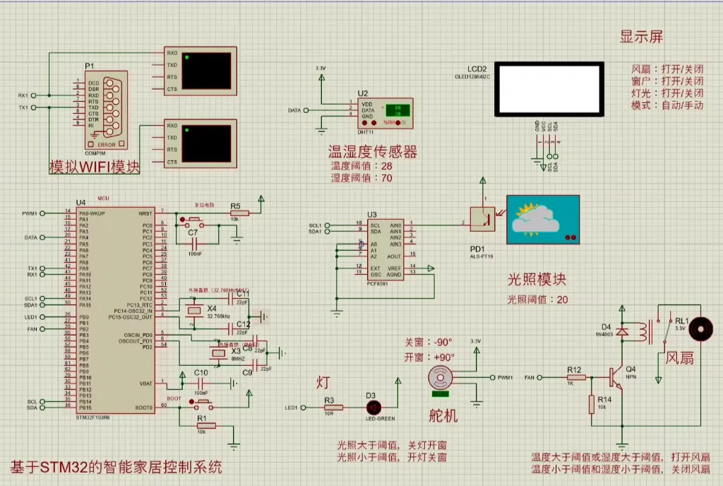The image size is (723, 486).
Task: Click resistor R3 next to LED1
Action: click(333, 408)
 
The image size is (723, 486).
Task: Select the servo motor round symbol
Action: click(443, 377)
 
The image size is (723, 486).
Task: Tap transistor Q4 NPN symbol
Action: click(616, 378)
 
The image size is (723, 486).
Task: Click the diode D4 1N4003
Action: click(623, 332)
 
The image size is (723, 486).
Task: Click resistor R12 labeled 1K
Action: click(574, 378)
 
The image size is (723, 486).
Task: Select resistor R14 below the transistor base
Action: click(592, 405)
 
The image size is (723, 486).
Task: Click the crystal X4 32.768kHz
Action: click(192, 312)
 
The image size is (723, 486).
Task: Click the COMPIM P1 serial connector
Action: click(106, 109)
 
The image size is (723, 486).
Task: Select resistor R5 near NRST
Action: click(239, 213)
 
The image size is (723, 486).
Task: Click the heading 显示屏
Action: click(641, 37)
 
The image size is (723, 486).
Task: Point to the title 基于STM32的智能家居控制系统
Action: click(116, 468)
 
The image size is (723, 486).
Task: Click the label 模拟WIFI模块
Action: click(94, 167)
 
